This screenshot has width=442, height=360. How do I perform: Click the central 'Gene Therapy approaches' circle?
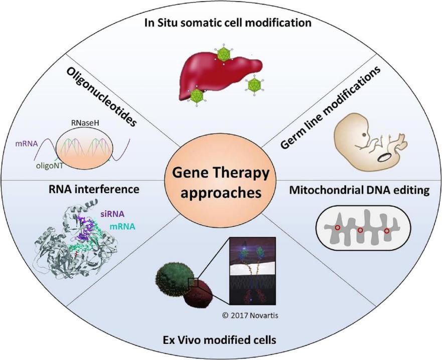220,179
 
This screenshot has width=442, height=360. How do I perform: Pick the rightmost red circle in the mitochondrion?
386,231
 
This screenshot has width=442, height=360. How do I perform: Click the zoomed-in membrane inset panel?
251,271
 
